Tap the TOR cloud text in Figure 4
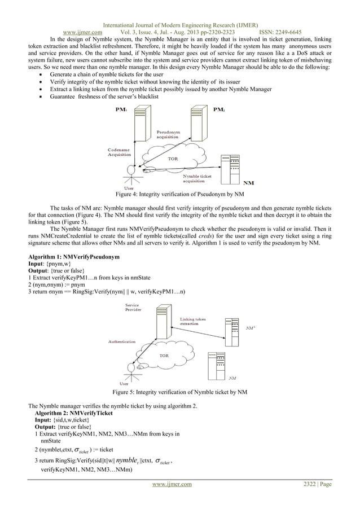tap(172, 159)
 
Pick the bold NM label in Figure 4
tap(248, 182)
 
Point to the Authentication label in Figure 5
tap(122, 341)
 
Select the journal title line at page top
tap(179, 9)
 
